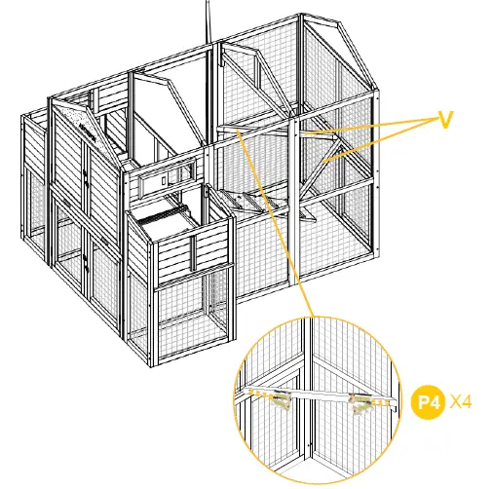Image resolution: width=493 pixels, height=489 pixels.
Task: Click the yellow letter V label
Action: tap(445, 118)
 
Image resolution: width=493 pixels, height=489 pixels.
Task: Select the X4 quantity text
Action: tap(462, 402)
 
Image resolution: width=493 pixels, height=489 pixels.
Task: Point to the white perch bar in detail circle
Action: tap(322, 398)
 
